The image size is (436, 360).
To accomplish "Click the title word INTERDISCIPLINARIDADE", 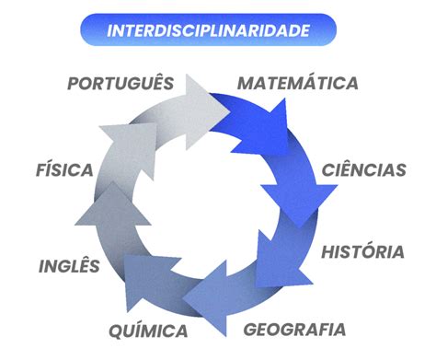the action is click(x=208, y=30).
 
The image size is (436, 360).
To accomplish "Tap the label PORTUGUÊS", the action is click(x=120, y=82).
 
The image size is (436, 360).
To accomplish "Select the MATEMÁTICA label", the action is click(x=298, y=83).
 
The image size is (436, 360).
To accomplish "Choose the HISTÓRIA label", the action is click(x=362, y=250).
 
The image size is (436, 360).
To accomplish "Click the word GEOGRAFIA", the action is click(x=294, y=330).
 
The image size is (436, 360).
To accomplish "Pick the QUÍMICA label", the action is click(x=148, y=330).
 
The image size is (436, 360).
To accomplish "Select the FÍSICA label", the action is click(x=64, y=168).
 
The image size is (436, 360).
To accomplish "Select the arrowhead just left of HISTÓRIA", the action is click(x=276, y=261).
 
